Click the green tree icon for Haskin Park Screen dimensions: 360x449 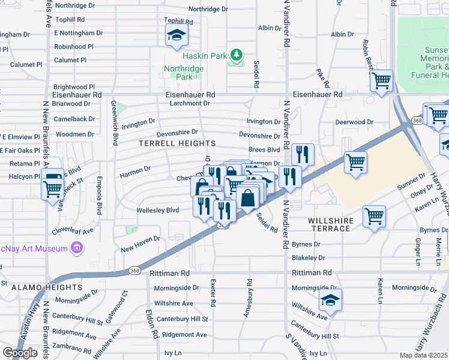[x=237, y=55]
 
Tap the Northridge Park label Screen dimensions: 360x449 [x=184, y=73]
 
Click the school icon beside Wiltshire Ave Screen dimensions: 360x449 [x=330, y=300]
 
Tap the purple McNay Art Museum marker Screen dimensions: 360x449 [x=76, y=247]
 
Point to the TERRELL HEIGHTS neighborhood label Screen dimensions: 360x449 [x=177, y=143]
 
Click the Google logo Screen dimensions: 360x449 [x=20, y=353]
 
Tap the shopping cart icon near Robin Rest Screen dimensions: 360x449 [x=381, y=80]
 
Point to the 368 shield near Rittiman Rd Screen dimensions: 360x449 [x=133, y=272]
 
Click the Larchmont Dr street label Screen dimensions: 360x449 [x=189, y=103]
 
